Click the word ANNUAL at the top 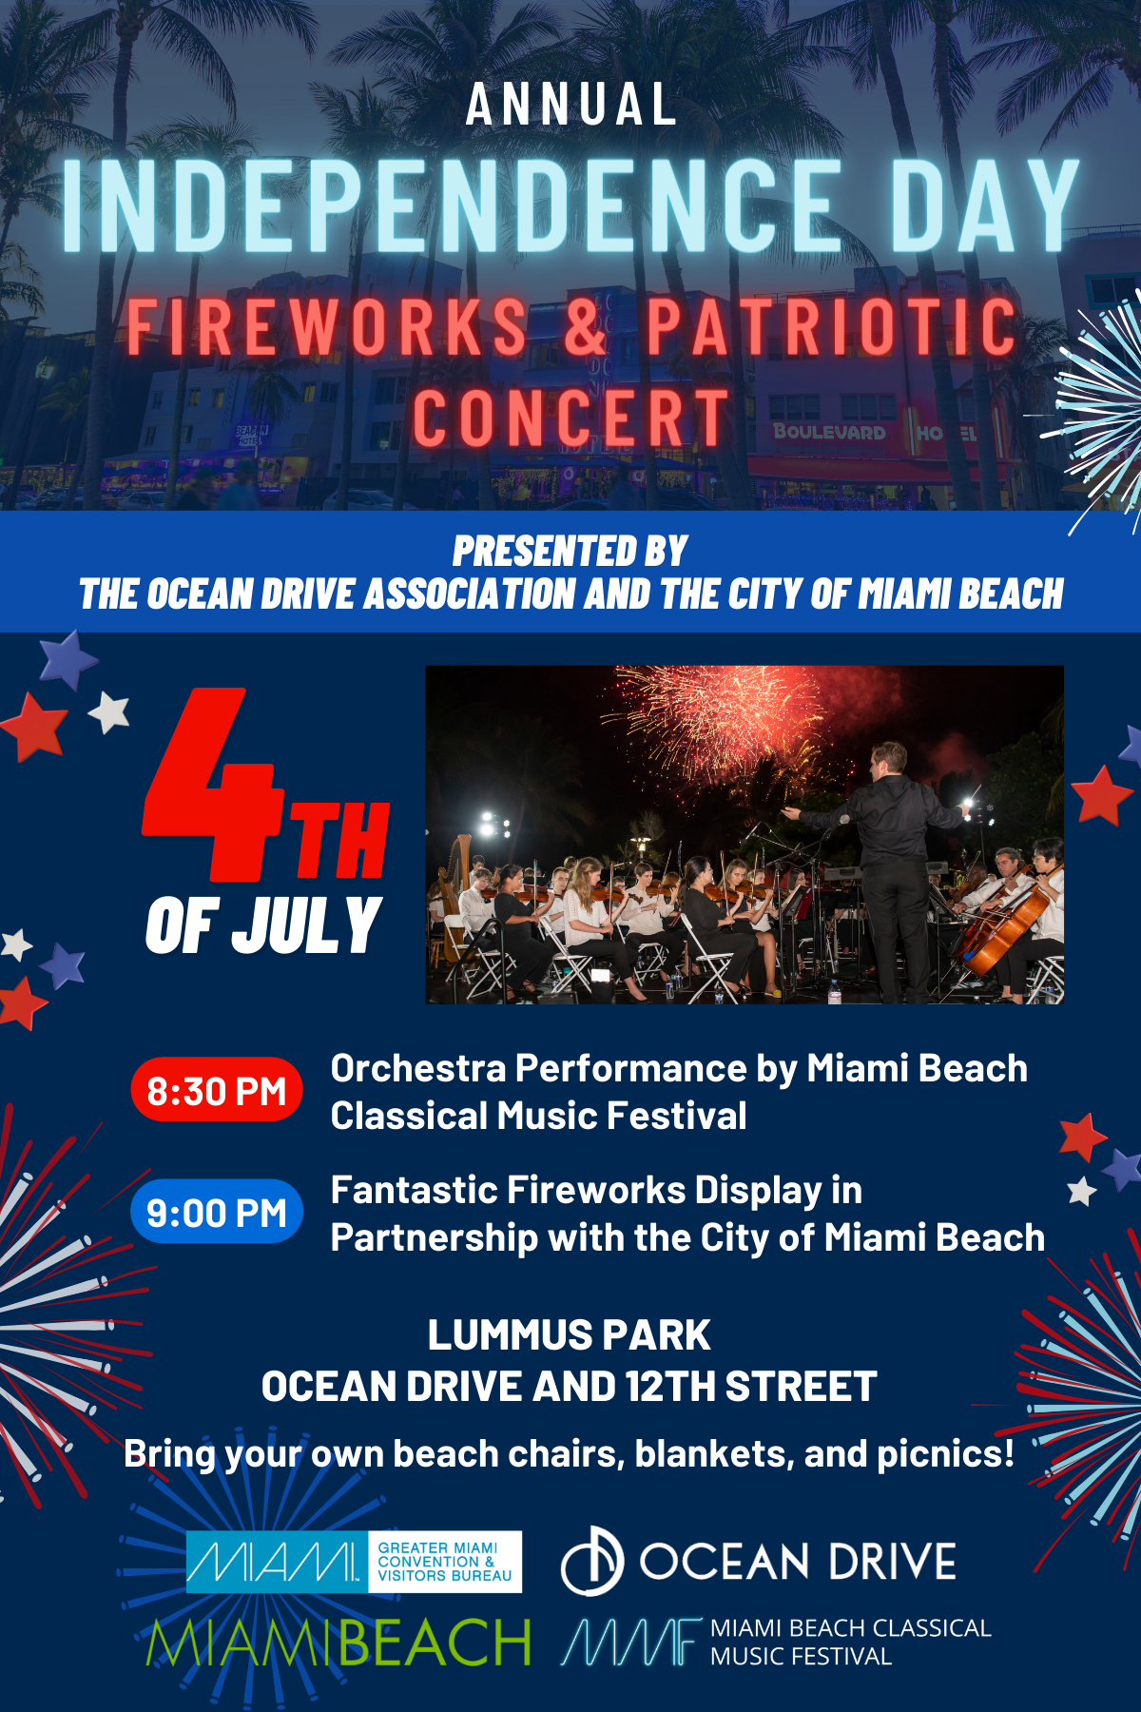(570, 105)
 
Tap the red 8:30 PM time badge (217, 1090)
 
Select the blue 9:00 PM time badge (217, 1212)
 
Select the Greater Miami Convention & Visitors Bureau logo (354, 1561)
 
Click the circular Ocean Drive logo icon (591, 1561)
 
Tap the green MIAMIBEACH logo (338, 1643)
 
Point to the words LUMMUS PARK (569, 1335)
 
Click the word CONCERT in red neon (570, 418)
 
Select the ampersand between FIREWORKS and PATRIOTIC (585, 326)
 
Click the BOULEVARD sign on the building (829, 432)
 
